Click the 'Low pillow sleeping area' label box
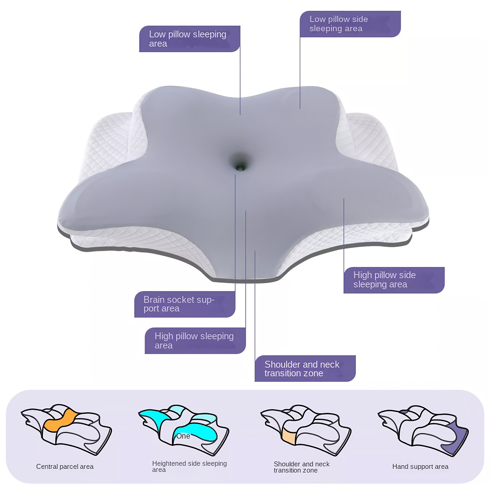[189, 39]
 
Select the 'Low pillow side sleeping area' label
[350, 24]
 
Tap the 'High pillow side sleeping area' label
[394, 280]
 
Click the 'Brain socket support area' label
[185, 304]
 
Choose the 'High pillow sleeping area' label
[195, 341]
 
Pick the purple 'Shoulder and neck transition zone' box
[305, 368]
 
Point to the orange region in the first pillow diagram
[60, 420]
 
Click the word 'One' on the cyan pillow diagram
[183, 436]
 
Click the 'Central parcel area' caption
[65, 466]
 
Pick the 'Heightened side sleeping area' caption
[189, 466]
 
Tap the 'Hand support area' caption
[420, 466]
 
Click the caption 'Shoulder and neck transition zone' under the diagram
[302, 467]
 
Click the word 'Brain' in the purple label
[155, 300]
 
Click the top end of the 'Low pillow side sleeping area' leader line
[300, 37]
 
